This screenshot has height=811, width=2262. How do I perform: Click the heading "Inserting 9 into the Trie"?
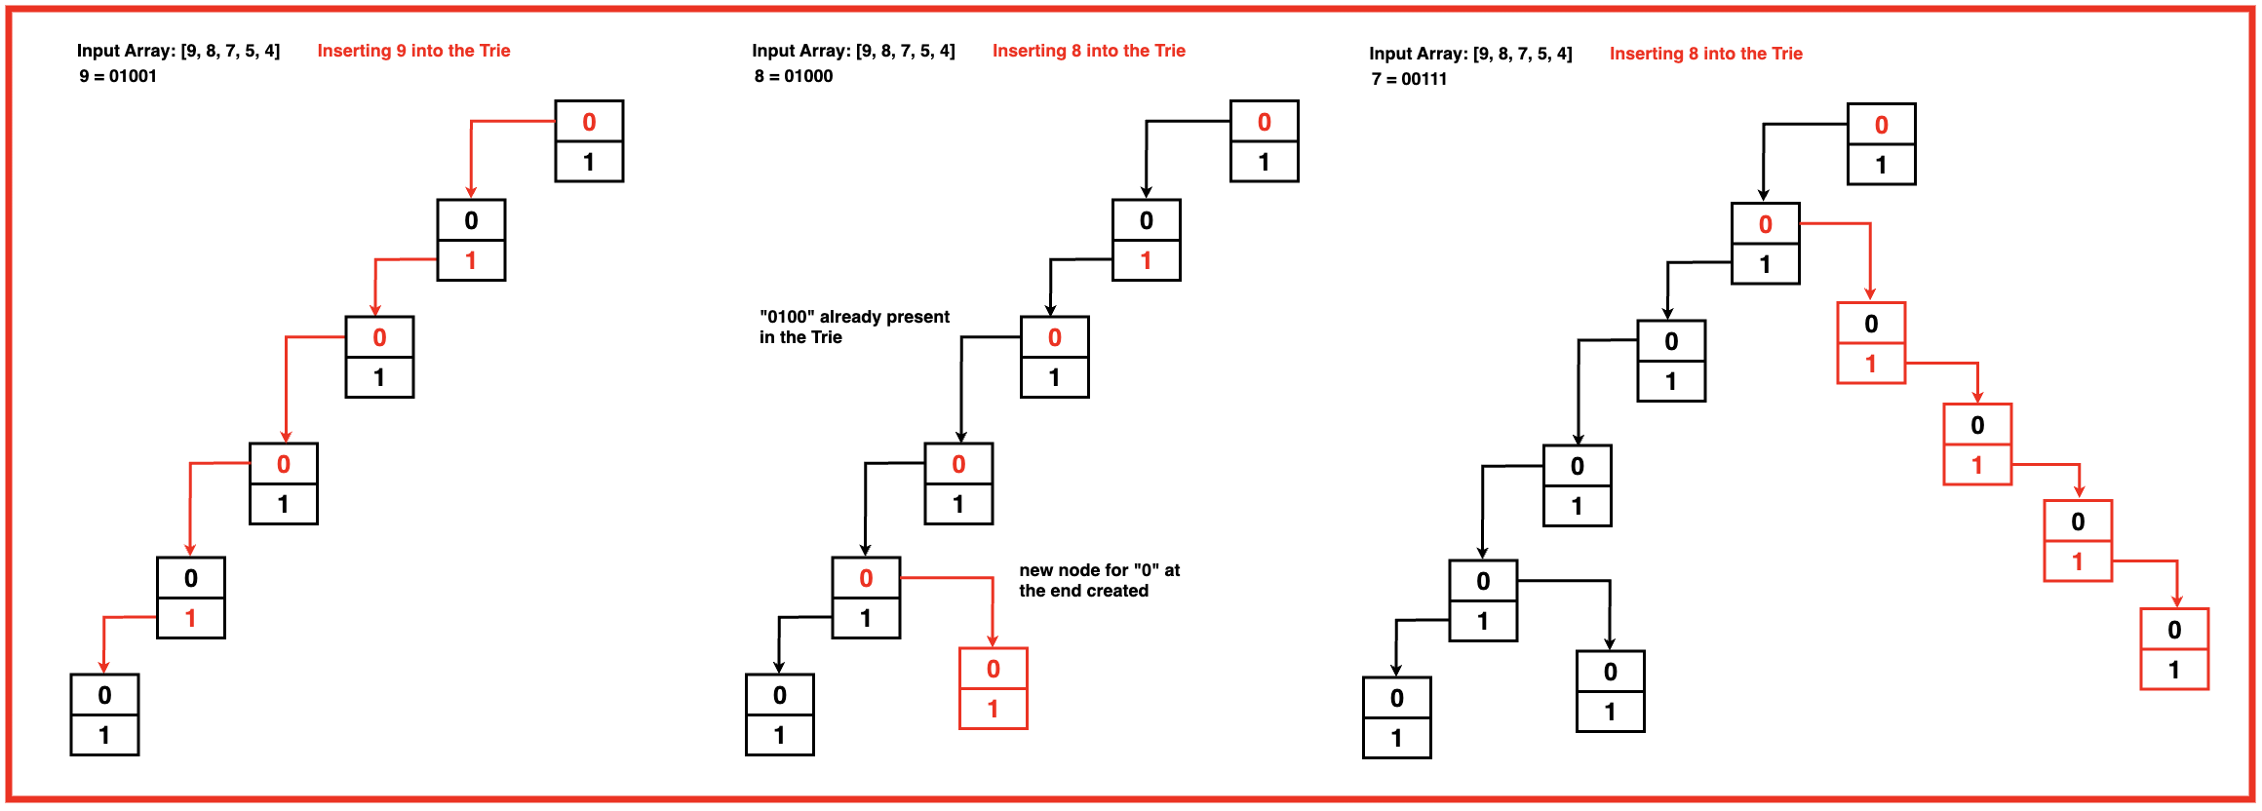(413, 51)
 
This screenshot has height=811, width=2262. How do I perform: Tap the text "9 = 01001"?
(118, 76)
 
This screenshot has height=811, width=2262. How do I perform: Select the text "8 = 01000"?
(794, 76)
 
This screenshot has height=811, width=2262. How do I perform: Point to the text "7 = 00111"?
(1409, 79)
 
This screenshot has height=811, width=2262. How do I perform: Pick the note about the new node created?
(1099, 580)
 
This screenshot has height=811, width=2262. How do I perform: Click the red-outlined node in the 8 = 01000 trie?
(994, 688)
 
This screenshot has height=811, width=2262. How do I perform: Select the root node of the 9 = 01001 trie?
(589, 141)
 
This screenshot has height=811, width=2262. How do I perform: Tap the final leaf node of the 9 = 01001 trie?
(104, 714)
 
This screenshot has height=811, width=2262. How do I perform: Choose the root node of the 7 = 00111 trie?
(1882, 144)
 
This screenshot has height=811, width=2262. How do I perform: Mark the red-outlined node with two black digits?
(2174, 649)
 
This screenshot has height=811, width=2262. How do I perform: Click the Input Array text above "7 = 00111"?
(1470, 54)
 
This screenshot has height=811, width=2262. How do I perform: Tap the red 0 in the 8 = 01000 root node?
(1265, 122)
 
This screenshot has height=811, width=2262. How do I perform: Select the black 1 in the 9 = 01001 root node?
(589, 162)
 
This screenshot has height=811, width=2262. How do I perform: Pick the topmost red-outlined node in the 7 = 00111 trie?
(1871, 343)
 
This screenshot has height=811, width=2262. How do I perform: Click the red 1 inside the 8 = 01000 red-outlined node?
(994, 709)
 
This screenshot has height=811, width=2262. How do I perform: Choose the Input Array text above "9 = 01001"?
(178, 51)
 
